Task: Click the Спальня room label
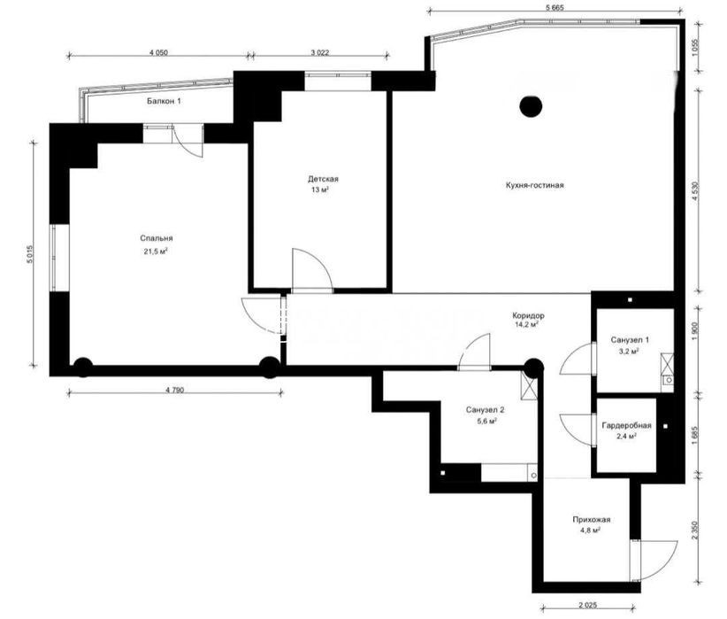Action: [x=157, y=238]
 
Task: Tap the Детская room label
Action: [x=323, y=179]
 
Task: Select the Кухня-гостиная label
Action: [x=534, y=185]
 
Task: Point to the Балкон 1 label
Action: [x=164, y=101]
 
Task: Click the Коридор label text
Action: [x=529, y=315]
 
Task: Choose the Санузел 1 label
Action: [x=630, y=340]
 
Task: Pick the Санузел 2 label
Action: [x=485, y=410]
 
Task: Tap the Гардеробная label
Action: [x=626, y=425]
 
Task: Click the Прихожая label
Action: [x=591, y=520]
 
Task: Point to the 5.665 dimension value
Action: [x=555, y=7]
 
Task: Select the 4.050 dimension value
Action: [x=158, y=52]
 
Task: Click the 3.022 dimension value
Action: [x=320, y=52]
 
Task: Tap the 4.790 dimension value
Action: [x=175, y=390]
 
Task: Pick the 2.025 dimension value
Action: [x=587, y=605]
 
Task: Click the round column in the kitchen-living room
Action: [x=531, y=107]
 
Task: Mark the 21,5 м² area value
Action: [x=156, y=251]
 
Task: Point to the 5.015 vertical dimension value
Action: [x=31, y=254]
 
